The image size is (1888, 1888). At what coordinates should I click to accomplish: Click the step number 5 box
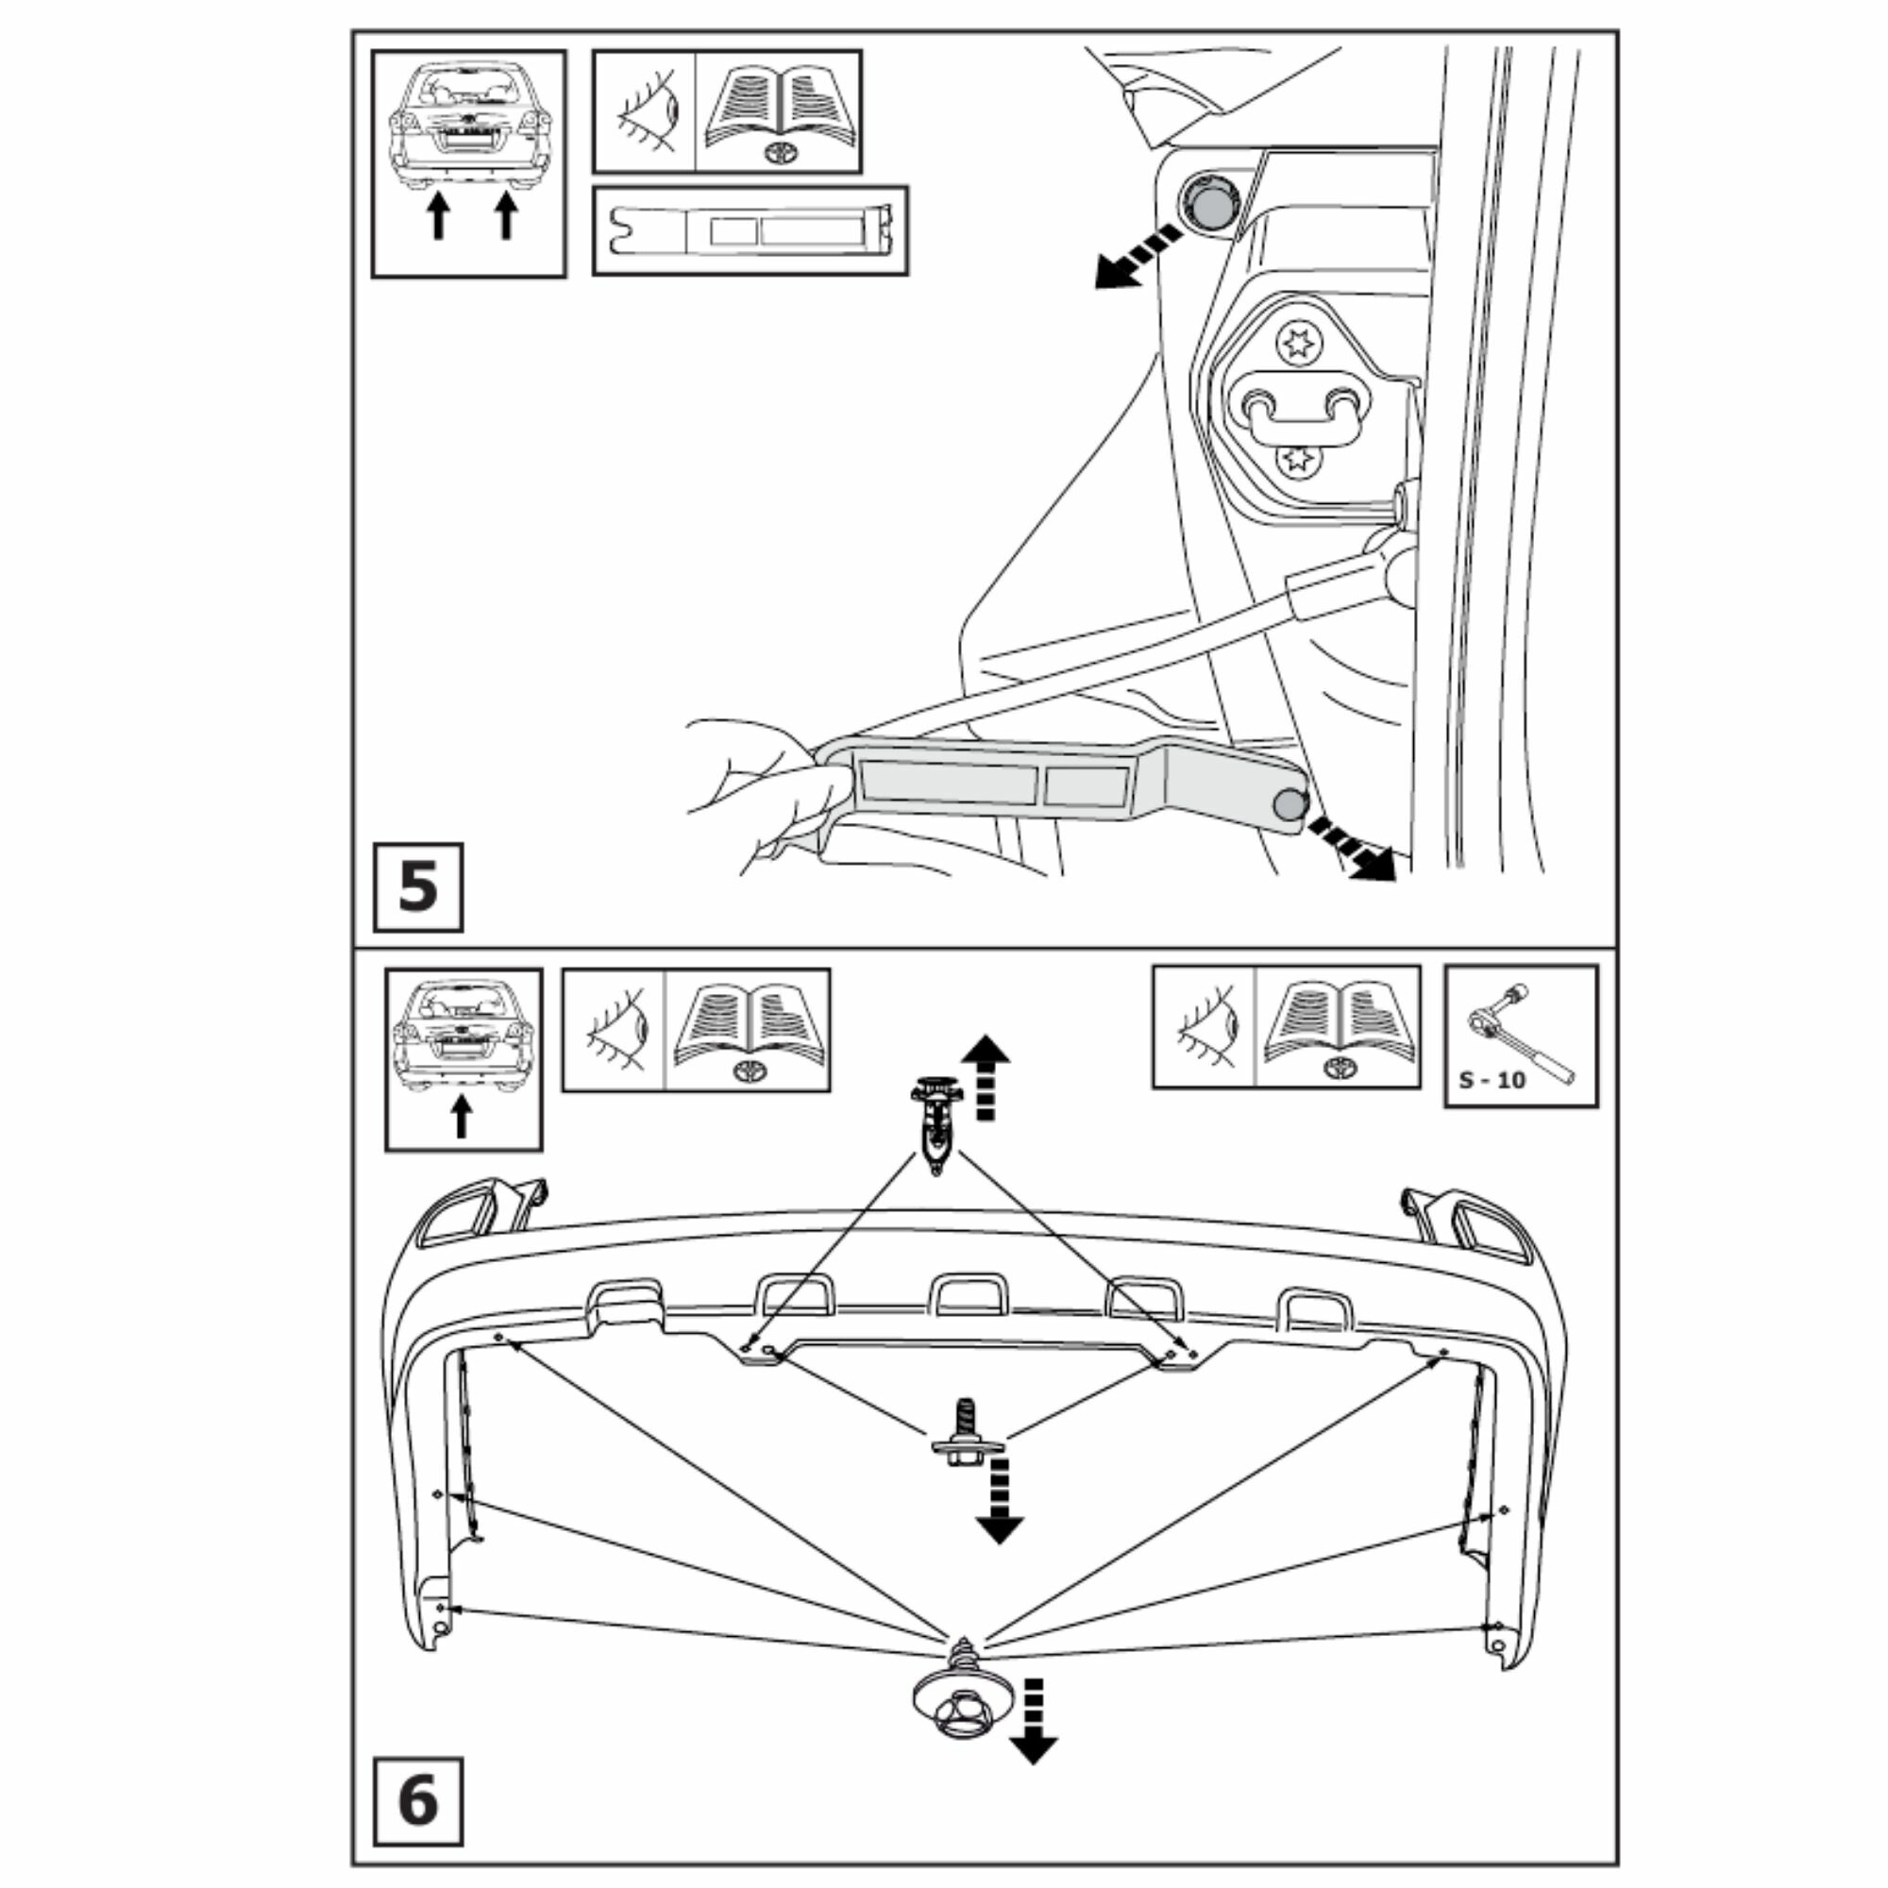[x=417, y=886]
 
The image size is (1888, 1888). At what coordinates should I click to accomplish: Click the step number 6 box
[x=417, y=1800]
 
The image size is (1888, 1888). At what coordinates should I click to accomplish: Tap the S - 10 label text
[x=1492, y=1081]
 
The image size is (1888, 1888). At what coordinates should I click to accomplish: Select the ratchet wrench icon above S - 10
[x=1520, y=1035]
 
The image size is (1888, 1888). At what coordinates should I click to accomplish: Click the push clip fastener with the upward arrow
[x=936, y=1122]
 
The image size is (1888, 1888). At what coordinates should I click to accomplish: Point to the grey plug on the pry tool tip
[x=1290, y=803]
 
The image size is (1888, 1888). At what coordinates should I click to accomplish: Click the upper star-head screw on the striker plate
[x=1299, y=344]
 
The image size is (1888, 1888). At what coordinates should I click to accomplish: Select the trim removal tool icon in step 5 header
[x=750, y=230]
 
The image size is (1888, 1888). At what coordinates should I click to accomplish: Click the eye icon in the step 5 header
[x=645, y=112]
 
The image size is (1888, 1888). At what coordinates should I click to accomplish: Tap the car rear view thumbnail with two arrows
[x=469, y=163]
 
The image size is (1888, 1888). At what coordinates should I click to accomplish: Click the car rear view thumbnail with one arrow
[x=464, y=1058]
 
